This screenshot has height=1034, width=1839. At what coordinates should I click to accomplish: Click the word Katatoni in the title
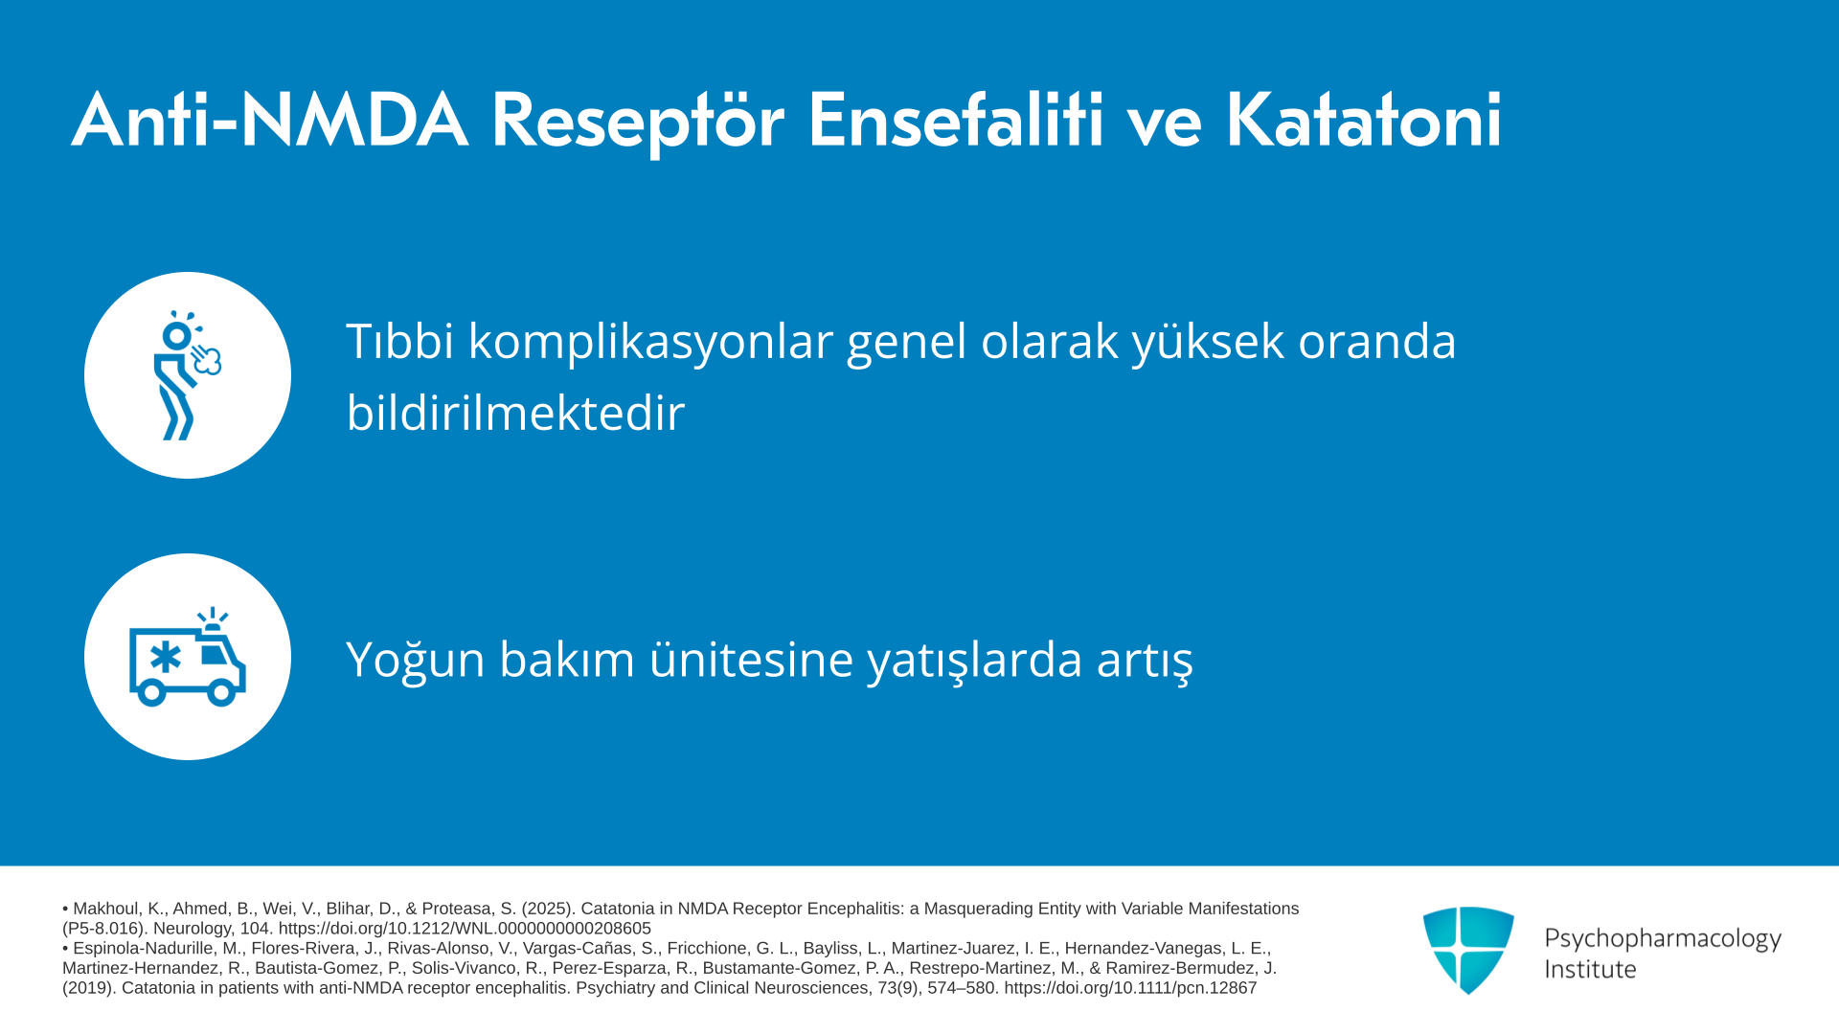(1363, 120)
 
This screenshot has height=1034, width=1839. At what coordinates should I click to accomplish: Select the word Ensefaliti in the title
(956, 120)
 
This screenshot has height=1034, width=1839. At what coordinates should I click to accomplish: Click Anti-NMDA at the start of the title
(270, 120)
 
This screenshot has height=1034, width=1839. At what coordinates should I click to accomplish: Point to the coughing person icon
(187, 375)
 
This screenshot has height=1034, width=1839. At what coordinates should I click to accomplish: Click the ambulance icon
(188, 657)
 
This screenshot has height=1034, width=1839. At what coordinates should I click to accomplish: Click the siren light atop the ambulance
(212, 619)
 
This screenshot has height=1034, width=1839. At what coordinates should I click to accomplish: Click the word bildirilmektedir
(515, 413)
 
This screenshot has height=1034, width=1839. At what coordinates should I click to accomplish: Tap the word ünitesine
(751, 659)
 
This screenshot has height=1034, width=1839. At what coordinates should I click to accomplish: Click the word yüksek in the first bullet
(1208, 341)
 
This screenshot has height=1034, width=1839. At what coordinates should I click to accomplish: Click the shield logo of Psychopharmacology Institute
(1468, 950)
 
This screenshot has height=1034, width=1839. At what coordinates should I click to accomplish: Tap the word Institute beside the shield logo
(1590, 969)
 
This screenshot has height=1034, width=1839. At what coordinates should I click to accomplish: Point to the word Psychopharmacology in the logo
(1663, 938)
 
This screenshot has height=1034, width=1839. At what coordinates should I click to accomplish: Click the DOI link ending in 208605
(465, 929)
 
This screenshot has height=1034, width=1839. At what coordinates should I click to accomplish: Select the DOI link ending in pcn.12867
(1130, 988)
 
